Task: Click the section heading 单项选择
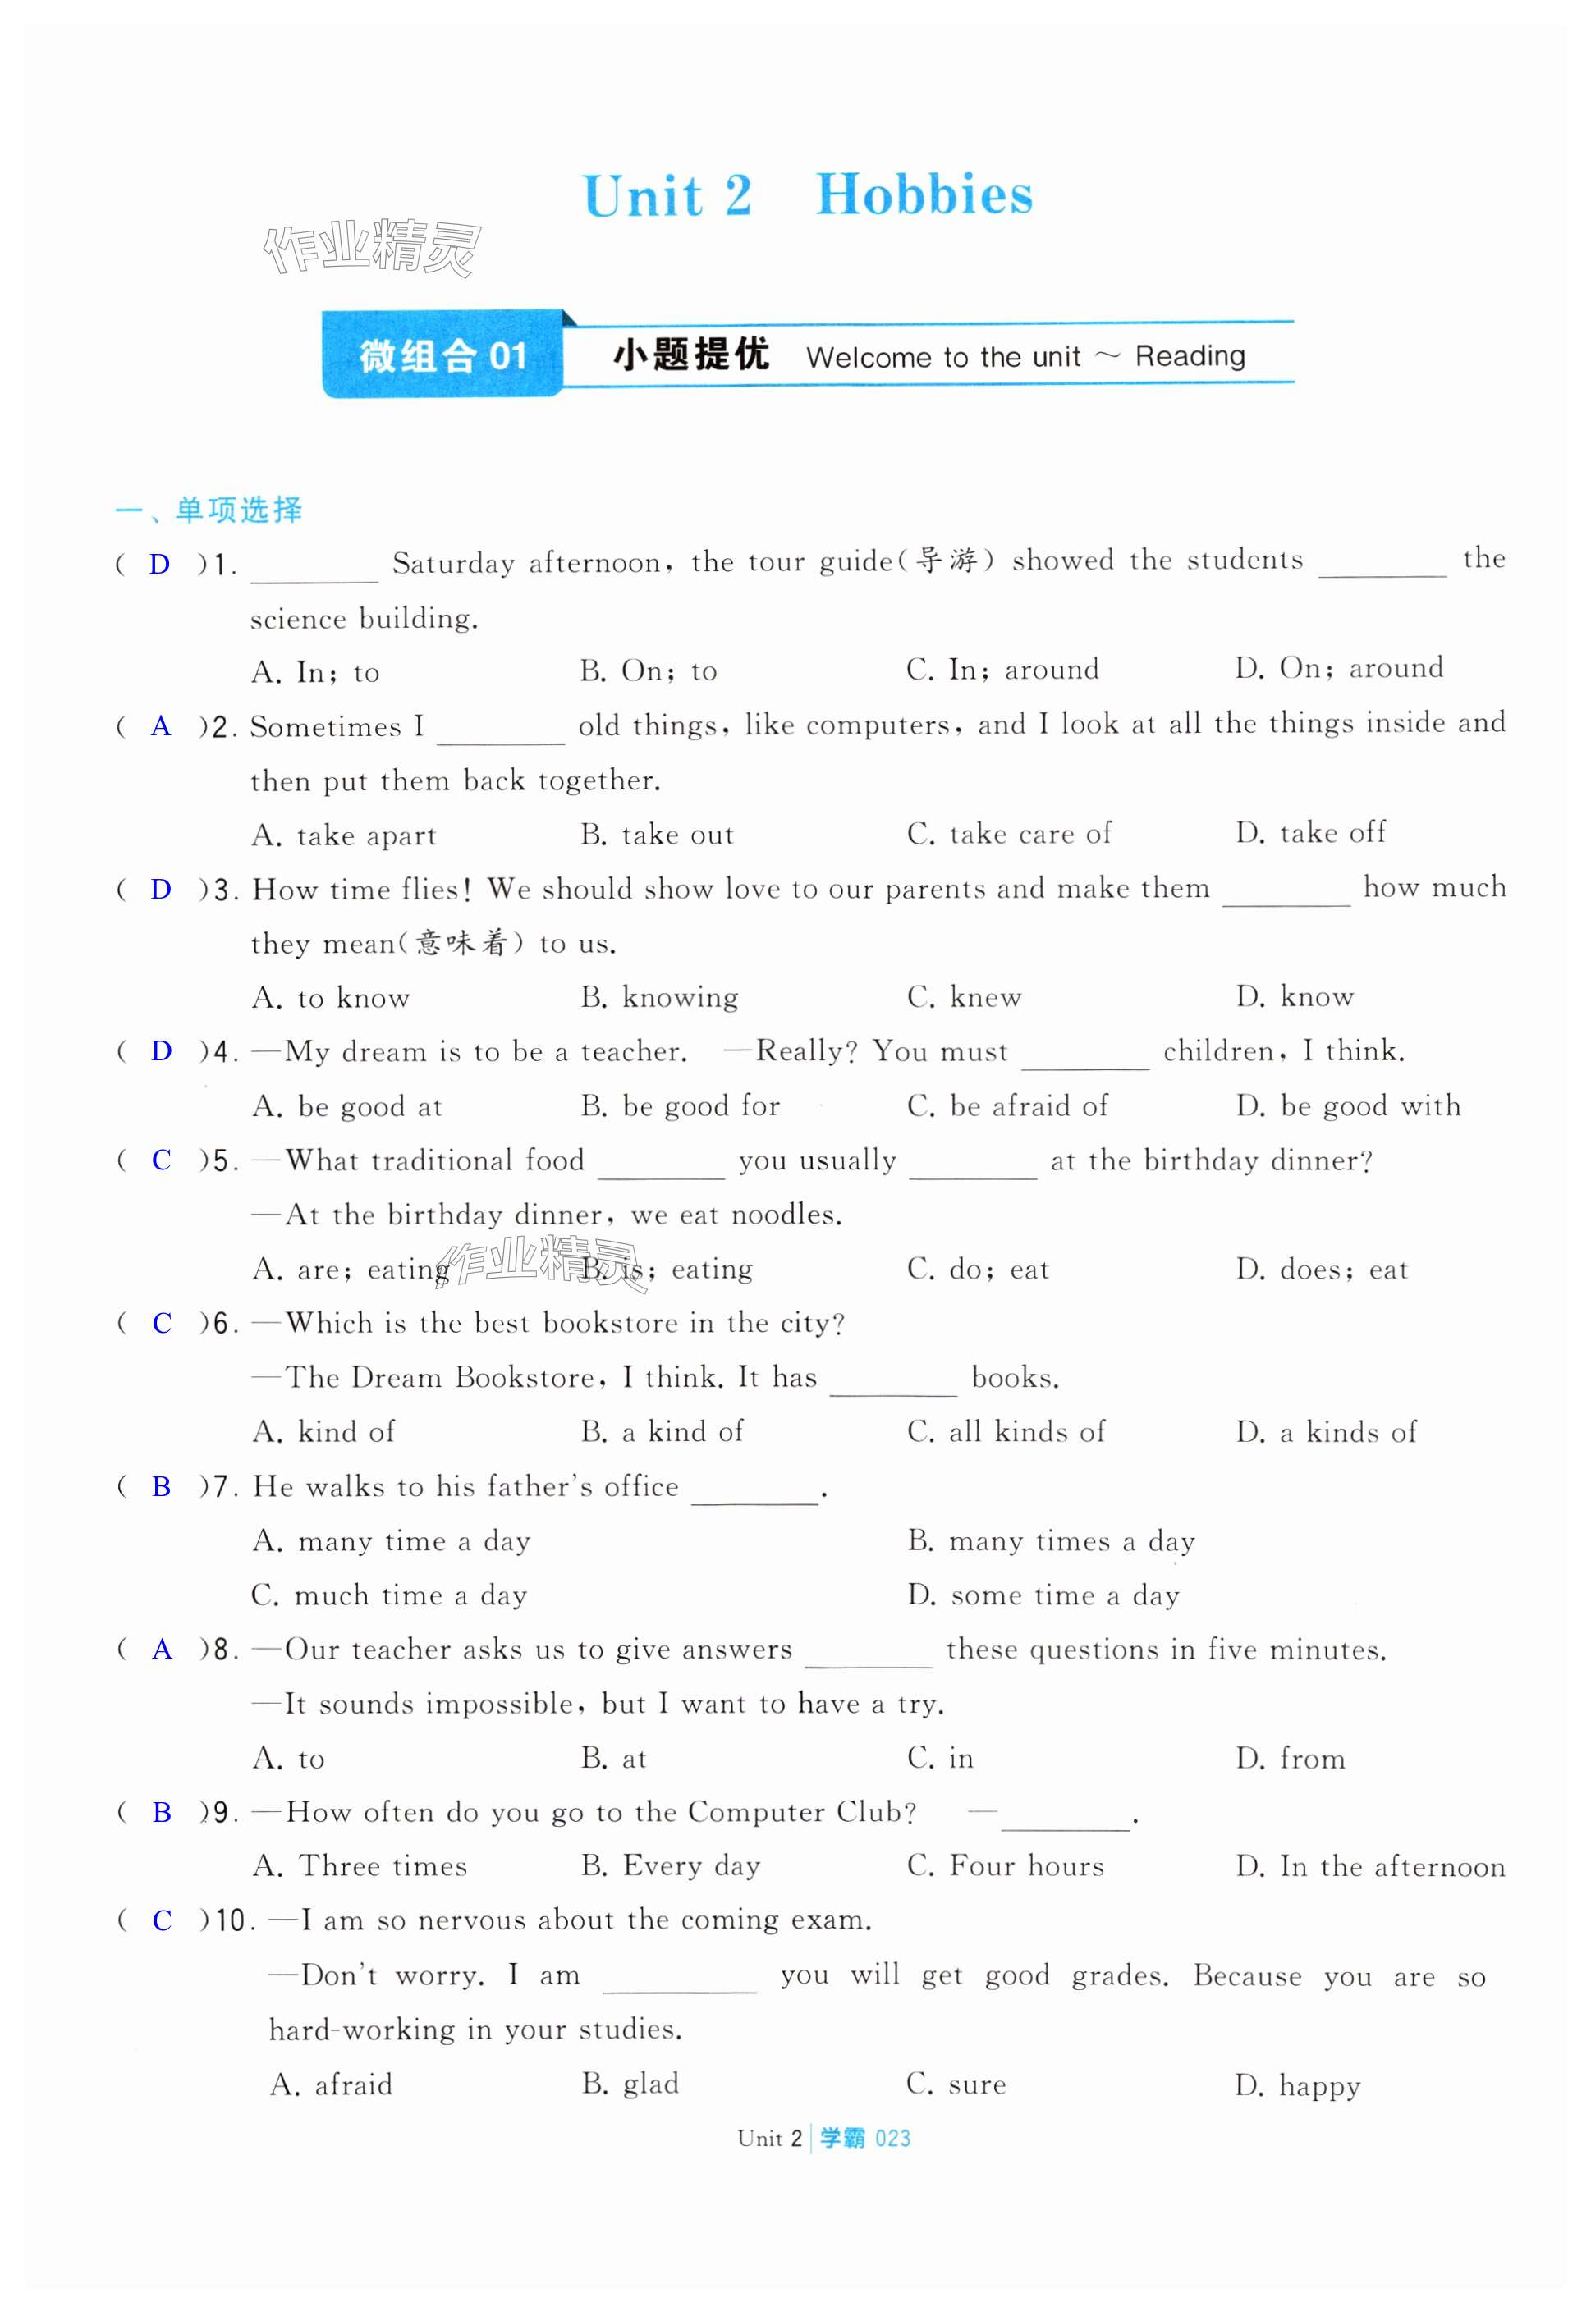pyautogui.click(x=237, y=510)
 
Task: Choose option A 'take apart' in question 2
pyautogui.click(x=344, y=835)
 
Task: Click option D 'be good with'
pyautogui.click(x=1348, y=1106)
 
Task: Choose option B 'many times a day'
pyautogui.click(x=1051, y=1542)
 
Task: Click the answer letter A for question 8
pyautogui.click(x=162, y=1650)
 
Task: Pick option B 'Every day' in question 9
pyautogui.click(x=670, y=1866)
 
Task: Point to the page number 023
pyautogui.click(x=892, y=2139)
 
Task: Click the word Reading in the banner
pyautogui.click(x=1190, y=356)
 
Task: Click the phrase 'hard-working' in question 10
pyautogui.click(x=361, y=2030)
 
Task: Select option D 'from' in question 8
pyautogui.click(x=1290, y=1759)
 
